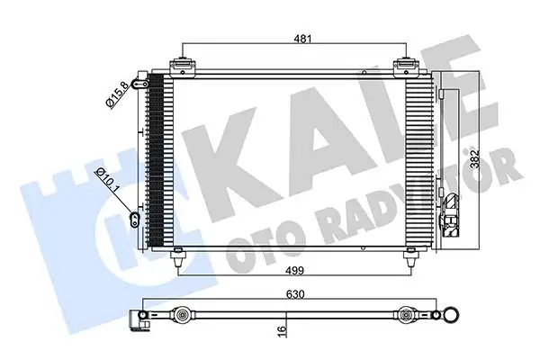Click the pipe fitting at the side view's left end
pyautogui.click(x=139, y=318)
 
